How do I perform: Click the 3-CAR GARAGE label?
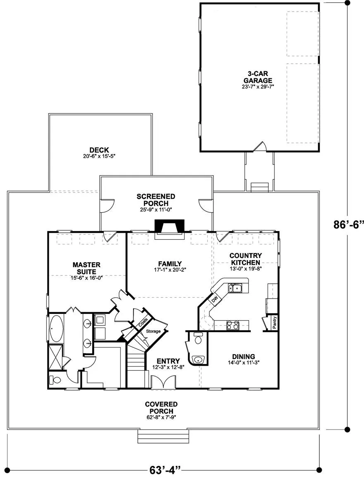(x=258, y=77)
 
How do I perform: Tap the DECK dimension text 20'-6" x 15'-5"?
(x=99, y=157)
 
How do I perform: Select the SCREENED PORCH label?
(x=156, y=200)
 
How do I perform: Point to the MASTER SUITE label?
(x=86, y=268)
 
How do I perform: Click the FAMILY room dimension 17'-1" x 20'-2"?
(x=170, y=270)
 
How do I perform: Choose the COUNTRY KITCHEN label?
(x=246, y=259)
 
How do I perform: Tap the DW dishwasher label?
(x=215, y=300)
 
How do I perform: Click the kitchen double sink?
(x=235, y=288)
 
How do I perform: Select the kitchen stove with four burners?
(x=233, y=325)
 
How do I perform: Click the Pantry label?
(x=275, y=323)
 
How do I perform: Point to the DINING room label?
(x=244, y=357)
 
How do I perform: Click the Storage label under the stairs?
(x=153, y=331)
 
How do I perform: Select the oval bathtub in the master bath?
(x=56, y=328)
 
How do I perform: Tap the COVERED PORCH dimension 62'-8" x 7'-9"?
(x=161, y=417)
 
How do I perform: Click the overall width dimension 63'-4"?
(x=165, y=470)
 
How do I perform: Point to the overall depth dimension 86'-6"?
(x=349, y=224)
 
